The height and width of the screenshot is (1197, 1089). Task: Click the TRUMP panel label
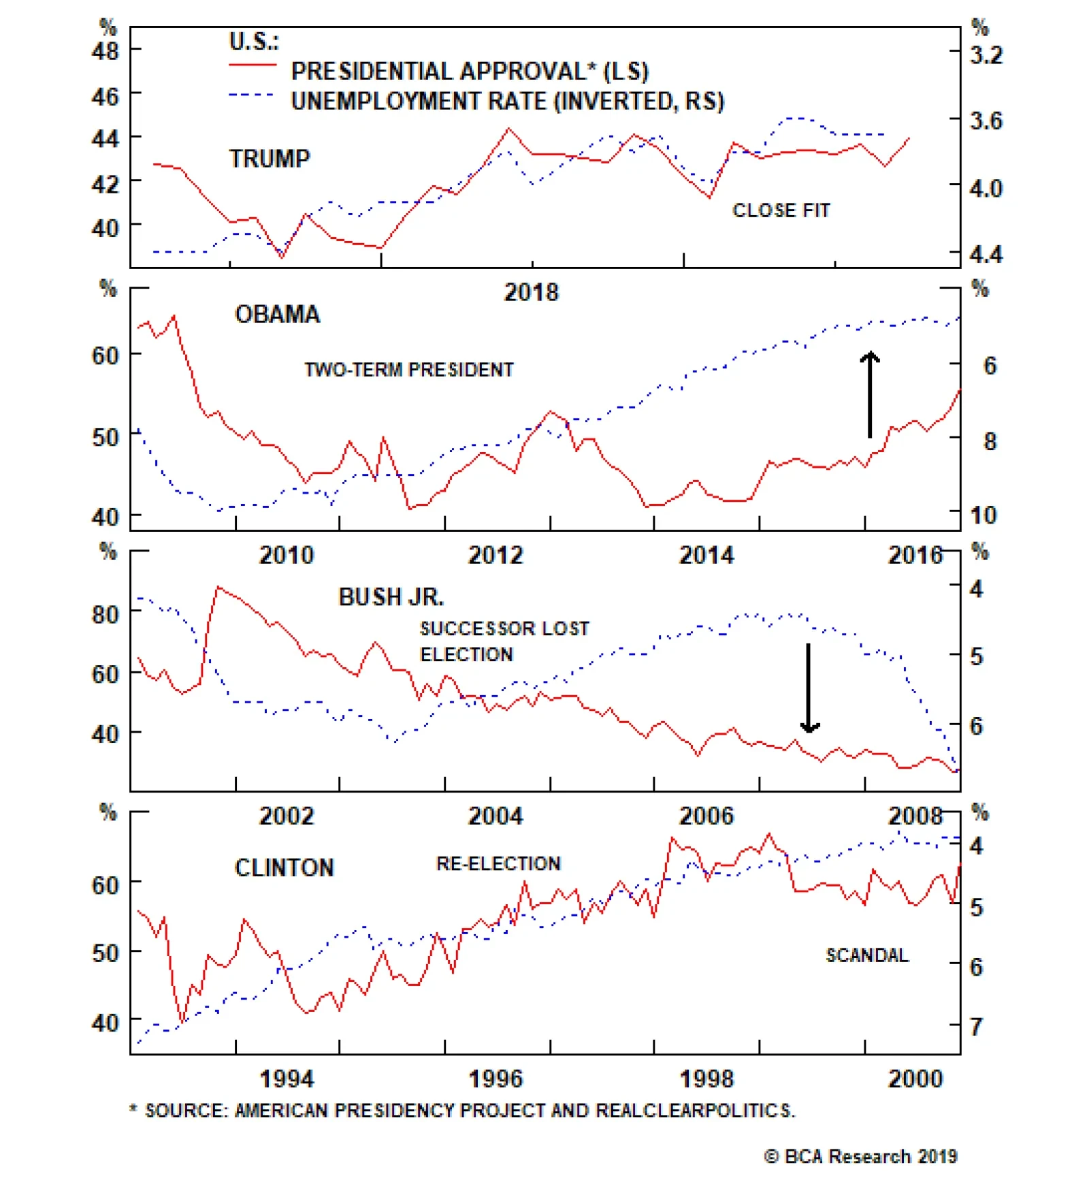(270, 159)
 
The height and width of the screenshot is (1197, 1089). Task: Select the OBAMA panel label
(277, 315)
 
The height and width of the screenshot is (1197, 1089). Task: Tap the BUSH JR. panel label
(391, 597)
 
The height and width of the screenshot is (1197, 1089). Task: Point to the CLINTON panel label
(284, 867)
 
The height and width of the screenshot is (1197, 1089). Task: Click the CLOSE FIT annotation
(781, 210)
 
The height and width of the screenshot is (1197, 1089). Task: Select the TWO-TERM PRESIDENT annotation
(408, 370)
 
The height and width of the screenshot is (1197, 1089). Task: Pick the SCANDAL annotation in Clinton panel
(866, 955)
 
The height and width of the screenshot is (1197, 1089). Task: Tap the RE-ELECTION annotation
(498, 863)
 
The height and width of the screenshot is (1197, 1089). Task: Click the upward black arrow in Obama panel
(869, 394)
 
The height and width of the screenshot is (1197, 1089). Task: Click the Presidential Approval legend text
(470, 71)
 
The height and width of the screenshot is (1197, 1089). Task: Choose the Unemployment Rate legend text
(507, 101)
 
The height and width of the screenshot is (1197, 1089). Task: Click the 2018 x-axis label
(531, 293)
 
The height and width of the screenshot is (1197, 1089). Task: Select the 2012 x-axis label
(495, 556)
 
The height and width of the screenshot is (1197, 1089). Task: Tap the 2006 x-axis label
(706, 816)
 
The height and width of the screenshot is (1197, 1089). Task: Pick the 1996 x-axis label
(495, 1079)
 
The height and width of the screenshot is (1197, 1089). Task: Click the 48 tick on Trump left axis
(105, 50)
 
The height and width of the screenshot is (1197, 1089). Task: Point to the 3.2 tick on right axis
(986, 54)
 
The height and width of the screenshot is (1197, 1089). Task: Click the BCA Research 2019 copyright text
(860, 1156)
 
